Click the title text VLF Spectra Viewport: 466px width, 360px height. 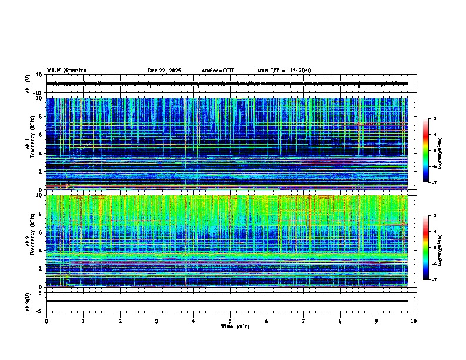66,71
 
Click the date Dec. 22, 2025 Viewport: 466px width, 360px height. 164,71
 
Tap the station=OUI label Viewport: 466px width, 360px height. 218,71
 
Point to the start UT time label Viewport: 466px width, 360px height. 284,71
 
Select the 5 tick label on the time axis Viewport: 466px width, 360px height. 230,321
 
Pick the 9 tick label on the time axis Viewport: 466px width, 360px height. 377,321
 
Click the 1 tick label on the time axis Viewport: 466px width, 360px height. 83,321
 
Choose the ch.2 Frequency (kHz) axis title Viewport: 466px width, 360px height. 31,241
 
